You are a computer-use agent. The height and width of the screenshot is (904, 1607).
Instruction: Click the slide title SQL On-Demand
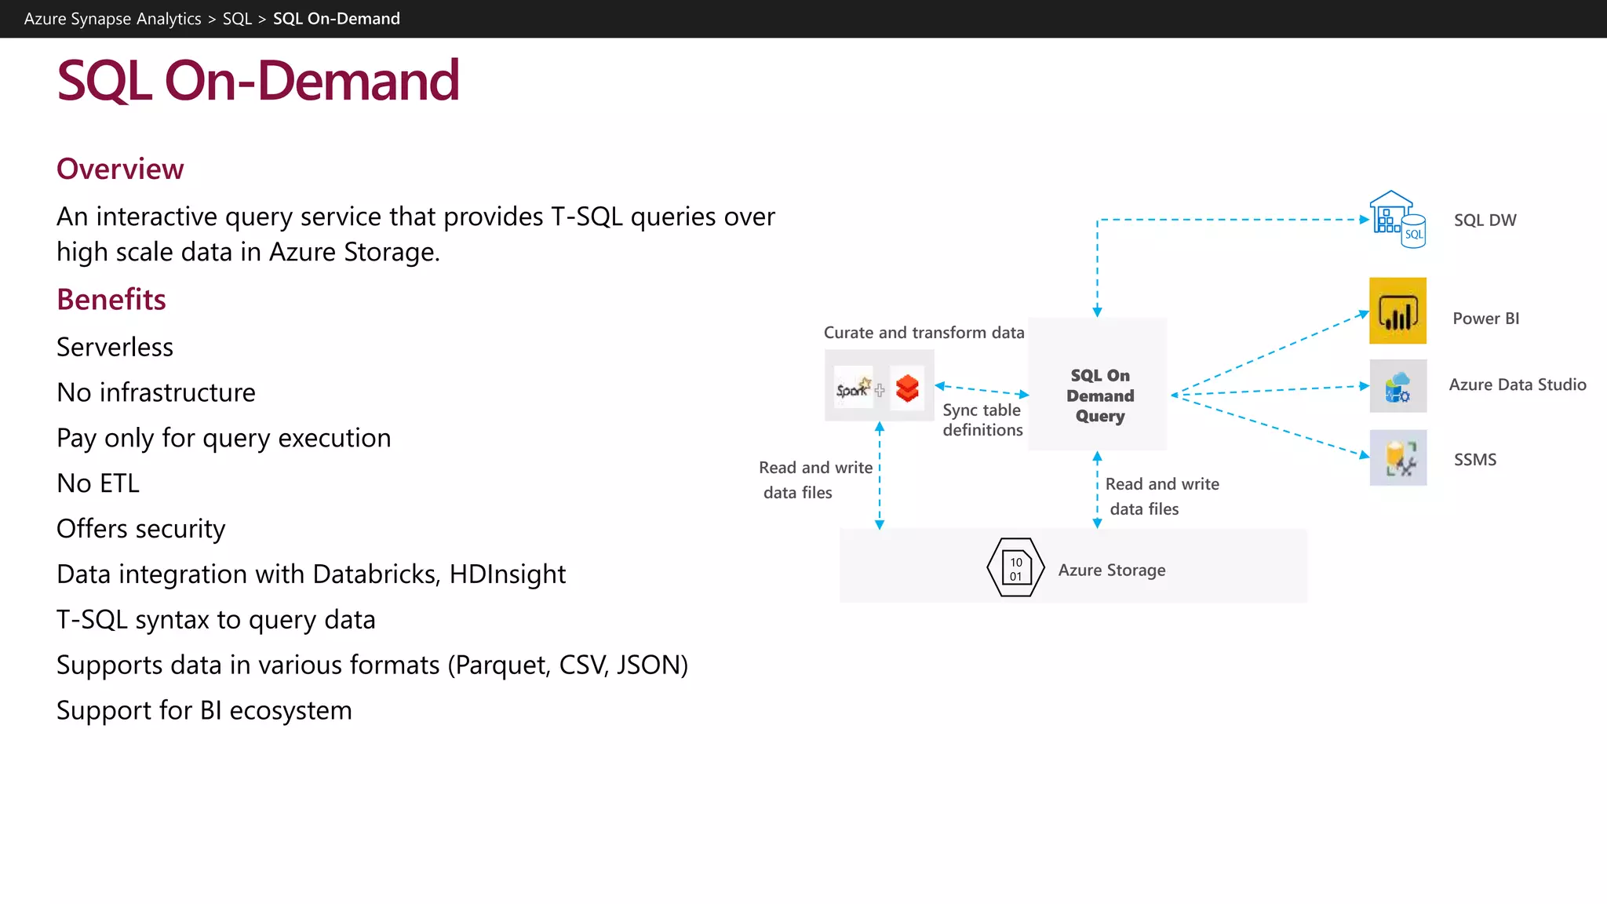tap(257, 81)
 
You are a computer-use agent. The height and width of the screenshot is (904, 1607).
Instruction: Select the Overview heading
tap(120, 169)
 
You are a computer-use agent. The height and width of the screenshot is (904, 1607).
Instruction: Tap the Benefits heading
tap(111, 299)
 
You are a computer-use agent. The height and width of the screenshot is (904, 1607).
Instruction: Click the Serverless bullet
tap(115, 347)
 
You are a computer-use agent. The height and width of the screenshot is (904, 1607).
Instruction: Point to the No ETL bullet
tap(98, 483)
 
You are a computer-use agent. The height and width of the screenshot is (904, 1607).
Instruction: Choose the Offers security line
tap(141, 529)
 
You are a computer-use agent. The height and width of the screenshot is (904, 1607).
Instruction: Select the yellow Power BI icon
tap(1397, 311)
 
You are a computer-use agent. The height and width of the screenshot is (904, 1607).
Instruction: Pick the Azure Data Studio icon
tap(1397, 386)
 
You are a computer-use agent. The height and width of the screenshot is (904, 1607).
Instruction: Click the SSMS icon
tap(1397, 457)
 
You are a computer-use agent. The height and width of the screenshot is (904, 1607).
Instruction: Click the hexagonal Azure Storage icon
tap(1015, 567)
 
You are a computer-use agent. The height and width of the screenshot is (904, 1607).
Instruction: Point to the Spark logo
tap(853, 388)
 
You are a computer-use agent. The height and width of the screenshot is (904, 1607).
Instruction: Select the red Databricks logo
tap(907, 388)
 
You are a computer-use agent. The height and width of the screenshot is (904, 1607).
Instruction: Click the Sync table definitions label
tap(982, 420)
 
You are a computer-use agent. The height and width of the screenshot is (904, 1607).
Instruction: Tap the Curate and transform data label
tap(924, 333)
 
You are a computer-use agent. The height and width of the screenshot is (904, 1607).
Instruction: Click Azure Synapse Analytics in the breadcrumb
tap(112, 19)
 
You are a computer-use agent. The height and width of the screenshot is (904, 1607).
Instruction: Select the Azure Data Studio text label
tap(1517, 385)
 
